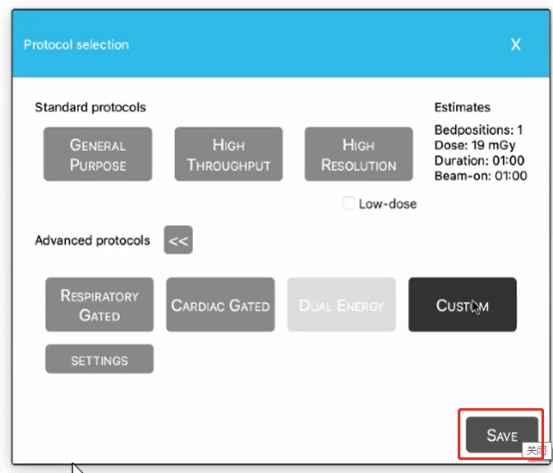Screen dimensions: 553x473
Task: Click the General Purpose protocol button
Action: [x=98, y=154]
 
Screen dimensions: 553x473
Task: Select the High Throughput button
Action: [x=229, y=154]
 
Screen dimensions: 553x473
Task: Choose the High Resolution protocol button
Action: [x=358, y=154]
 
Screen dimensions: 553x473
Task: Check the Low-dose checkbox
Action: [x=348, y=204]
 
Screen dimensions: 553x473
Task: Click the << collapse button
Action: [x=178, y=240]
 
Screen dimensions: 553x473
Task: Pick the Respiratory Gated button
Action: [x=100, y=304]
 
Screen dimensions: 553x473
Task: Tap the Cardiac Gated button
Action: [x=221, y=304]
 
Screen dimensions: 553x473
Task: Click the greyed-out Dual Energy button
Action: [x=341, y=304]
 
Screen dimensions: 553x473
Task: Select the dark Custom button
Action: [x=462, y=304]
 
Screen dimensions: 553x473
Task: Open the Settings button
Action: [x=100, y=359]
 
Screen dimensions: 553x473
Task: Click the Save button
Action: [x=502, y=435]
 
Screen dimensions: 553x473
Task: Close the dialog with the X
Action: [x=516, y=45]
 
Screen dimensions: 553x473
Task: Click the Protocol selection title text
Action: [x=76, y=45]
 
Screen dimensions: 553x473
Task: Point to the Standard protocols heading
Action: [x=90, y=107]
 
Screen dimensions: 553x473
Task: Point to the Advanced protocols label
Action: [x=93, y=240]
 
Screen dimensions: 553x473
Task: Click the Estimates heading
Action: [x=462, y=107]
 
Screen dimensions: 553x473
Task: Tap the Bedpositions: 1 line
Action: [x=478, y=130]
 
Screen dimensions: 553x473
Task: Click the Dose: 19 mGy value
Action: [x=475, y=146]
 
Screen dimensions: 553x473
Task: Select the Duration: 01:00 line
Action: [x=479, y=161]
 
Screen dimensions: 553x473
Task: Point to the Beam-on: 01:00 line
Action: [x=481, y=176]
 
